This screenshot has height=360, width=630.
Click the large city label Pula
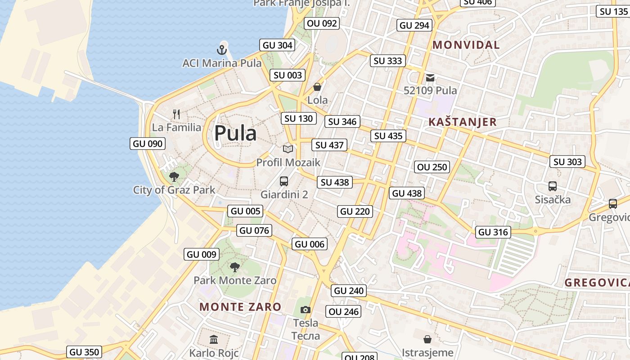pyautogui.click(x=235, y=133)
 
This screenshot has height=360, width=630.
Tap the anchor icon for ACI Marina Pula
pyautogui.click(x=221, y=49)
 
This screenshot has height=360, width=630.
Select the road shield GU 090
pyautogui.click(x=148, y=144)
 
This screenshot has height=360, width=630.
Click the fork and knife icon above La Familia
pyautogui.click(x=176, y=114)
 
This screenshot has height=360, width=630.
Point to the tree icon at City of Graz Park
pyautogui.click(x=174, y=177)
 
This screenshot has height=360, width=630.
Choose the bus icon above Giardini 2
pyautogui.click(x=284, y=181)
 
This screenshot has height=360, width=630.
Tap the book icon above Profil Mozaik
pyautogui.click(x=288, y=149)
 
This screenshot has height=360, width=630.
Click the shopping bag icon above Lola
pyautogui.click(x=317, y=87)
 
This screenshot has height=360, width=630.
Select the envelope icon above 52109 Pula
pyautogui.click(x=430, y=77)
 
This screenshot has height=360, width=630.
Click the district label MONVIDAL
pyautogui.click(x=466, y=45)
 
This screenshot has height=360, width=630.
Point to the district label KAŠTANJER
pyautogui.click(x=463, y=122)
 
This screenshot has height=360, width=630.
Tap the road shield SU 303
pyautogui.click(x=567, y=162)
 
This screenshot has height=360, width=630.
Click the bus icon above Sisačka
pyautogui.click(x=553, y=186)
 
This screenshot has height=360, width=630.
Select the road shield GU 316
pyautogui.click(x=493, y=232)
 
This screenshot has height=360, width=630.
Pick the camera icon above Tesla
pyautogui.click(x=306, y=310)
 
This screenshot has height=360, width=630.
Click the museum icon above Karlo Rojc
pyautogui.click(x=214, y=339)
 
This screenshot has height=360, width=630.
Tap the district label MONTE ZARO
pyautogui.click(x=240, y=307)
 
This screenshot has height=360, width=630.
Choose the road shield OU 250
pyautogui.click(x=432, y=167)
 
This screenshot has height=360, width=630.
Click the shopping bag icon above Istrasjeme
pyautogui.click(x=427, y=339)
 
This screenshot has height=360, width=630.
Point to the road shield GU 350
pyautogui.click(x=85, y=352)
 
